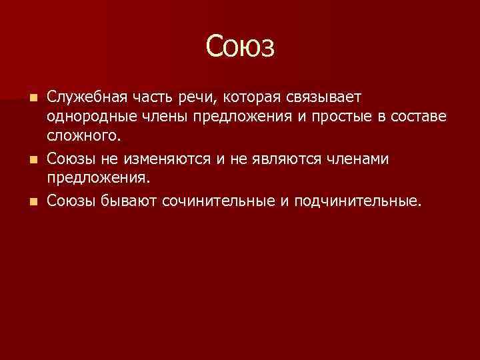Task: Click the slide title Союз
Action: click(240, 47)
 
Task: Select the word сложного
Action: click(85, 137)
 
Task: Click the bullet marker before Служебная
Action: click(34, 98)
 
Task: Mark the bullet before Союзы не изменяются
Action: click(34, 159)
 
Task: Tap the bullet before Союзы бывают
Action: click(34, 201)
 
